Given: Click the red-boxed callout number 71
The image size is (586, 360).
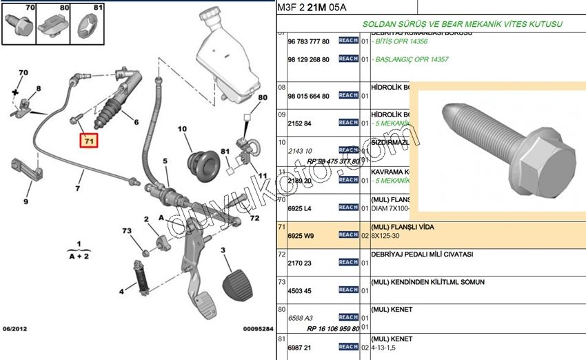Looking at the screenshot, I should [88, 141].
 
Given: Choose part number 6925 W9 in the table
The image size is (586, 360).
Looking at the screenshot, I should [300, 235].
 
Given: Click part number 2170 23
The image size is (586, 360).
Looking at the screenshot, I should [299, 263].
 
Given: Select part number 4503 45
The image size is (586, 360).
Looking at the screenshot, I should [299, 290].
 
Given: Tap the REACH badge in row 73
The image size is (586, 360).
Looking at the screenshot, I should [348, 290].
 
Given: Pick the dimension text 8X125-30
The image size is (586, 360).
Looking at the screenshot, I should [386, 236].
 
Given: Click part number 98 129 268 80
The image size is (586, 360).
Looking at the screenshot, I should [308, 59].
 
